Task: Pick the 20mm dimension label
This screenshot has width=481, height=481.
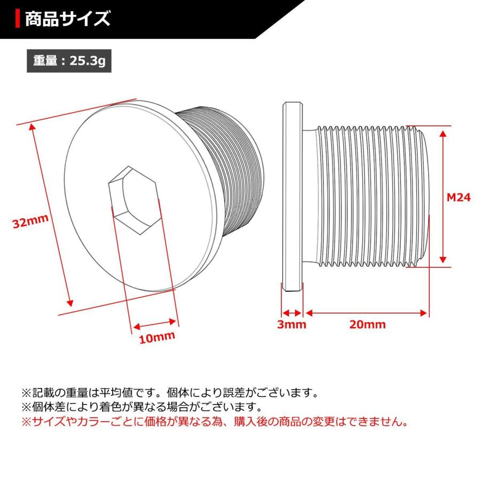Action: pos(367,324)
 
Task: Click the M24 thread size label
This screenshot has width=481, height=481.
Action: pos(458,197)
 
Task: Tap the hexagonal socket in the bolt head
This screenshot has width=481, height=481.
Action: pos(133,200)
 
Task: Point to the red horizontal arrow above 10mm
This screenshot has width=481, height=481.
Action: pos(155,323)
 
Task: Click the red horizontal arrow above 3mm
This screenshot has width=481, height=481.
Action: pos(292,313)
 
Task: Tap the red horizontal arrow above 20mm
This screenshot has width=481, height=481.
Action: pos(367,313)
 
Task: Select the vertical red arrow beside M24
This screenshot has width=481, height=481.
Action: pos(443,195)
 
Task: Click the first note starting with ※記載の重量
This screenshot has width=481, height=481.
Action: pos(170,393)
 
